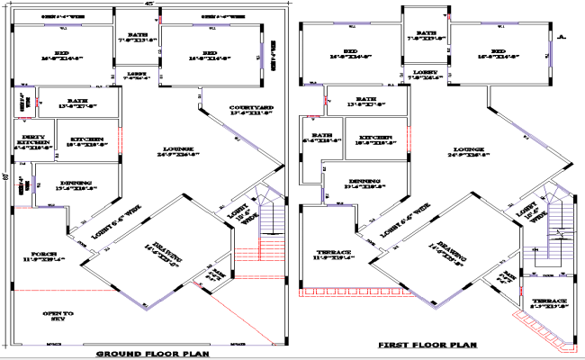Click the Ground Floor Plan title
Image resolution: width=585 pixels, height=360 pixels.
[154, 354]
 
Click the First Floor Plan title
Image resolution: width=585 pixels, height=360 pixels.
[427, 345]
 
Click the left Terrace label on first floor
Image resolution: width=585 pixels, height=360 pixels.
[334, 255]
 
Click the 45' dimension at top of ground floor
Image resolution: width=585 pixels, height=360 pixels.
[148, 4]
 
